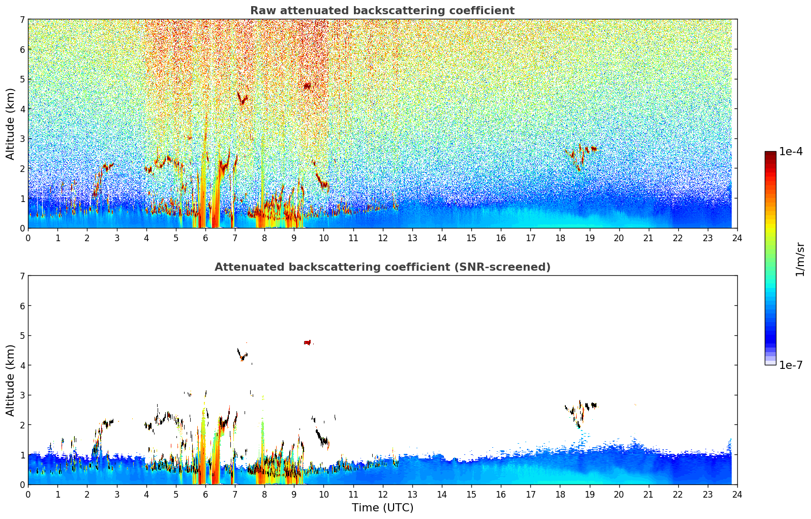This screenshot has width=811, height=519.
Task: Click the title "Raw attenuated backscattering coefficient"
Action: [x=382, y=11]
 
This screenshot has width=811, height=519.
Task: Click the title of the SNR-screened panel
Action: [x=382, y=267]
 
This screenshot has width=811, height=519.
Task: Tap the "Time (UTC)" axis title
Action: [x=382, y=508]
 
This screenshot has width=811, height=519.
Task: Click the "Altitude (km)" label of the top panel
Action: [x=11, y=124]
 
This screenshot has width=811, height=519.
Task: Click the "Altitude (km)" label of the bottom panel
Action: [x=11, y=380]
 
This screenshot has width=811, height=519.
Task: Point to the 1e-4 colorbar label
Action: [x=791, y=152]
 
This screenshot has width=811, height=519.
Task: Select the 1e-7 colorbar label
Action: [x=791, y=365]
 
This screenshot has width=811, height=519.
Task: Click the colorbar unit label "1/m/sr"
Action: [x=800, y=259]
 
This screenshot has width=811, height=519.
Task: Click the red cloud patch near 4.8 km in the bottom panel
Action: [x=308, y=342]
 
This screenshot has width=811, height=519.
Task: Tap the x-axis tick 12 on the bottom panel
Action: [x=382, y=494]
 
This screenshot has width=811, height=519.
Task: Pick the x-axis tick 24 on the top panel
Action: [x=737, y=238]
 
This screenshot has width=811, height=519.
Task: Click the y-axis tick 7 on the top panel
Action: [x=22, y=20]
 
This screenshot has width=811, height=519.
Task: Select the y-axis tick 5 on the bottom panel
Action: [x=22, y=336]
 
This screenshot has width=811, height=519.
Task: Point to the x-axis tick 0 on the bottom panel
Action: [x=28, y=494]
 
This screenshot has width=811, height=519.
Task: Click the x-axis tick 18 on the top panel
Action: [x=560, y=238]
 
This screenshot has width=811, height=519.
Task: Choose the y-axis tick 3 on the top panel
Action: [x=22, y=139]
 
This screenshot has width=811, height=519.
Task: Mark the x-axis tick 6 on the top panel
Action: [x=205, y=238]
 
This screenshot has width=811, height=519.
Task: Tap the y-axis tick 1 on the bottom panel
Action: [x=22, y=455]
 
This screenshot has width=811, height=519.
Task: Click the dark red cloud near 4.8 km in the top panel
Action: [x=307, y=86]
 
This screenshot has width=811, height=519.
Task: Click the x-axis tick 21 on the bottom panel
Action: [x=648, y=494]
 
